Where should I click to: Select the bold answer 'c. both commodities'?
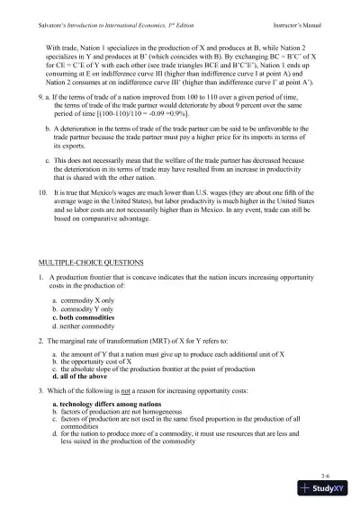tap(85, 317)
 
